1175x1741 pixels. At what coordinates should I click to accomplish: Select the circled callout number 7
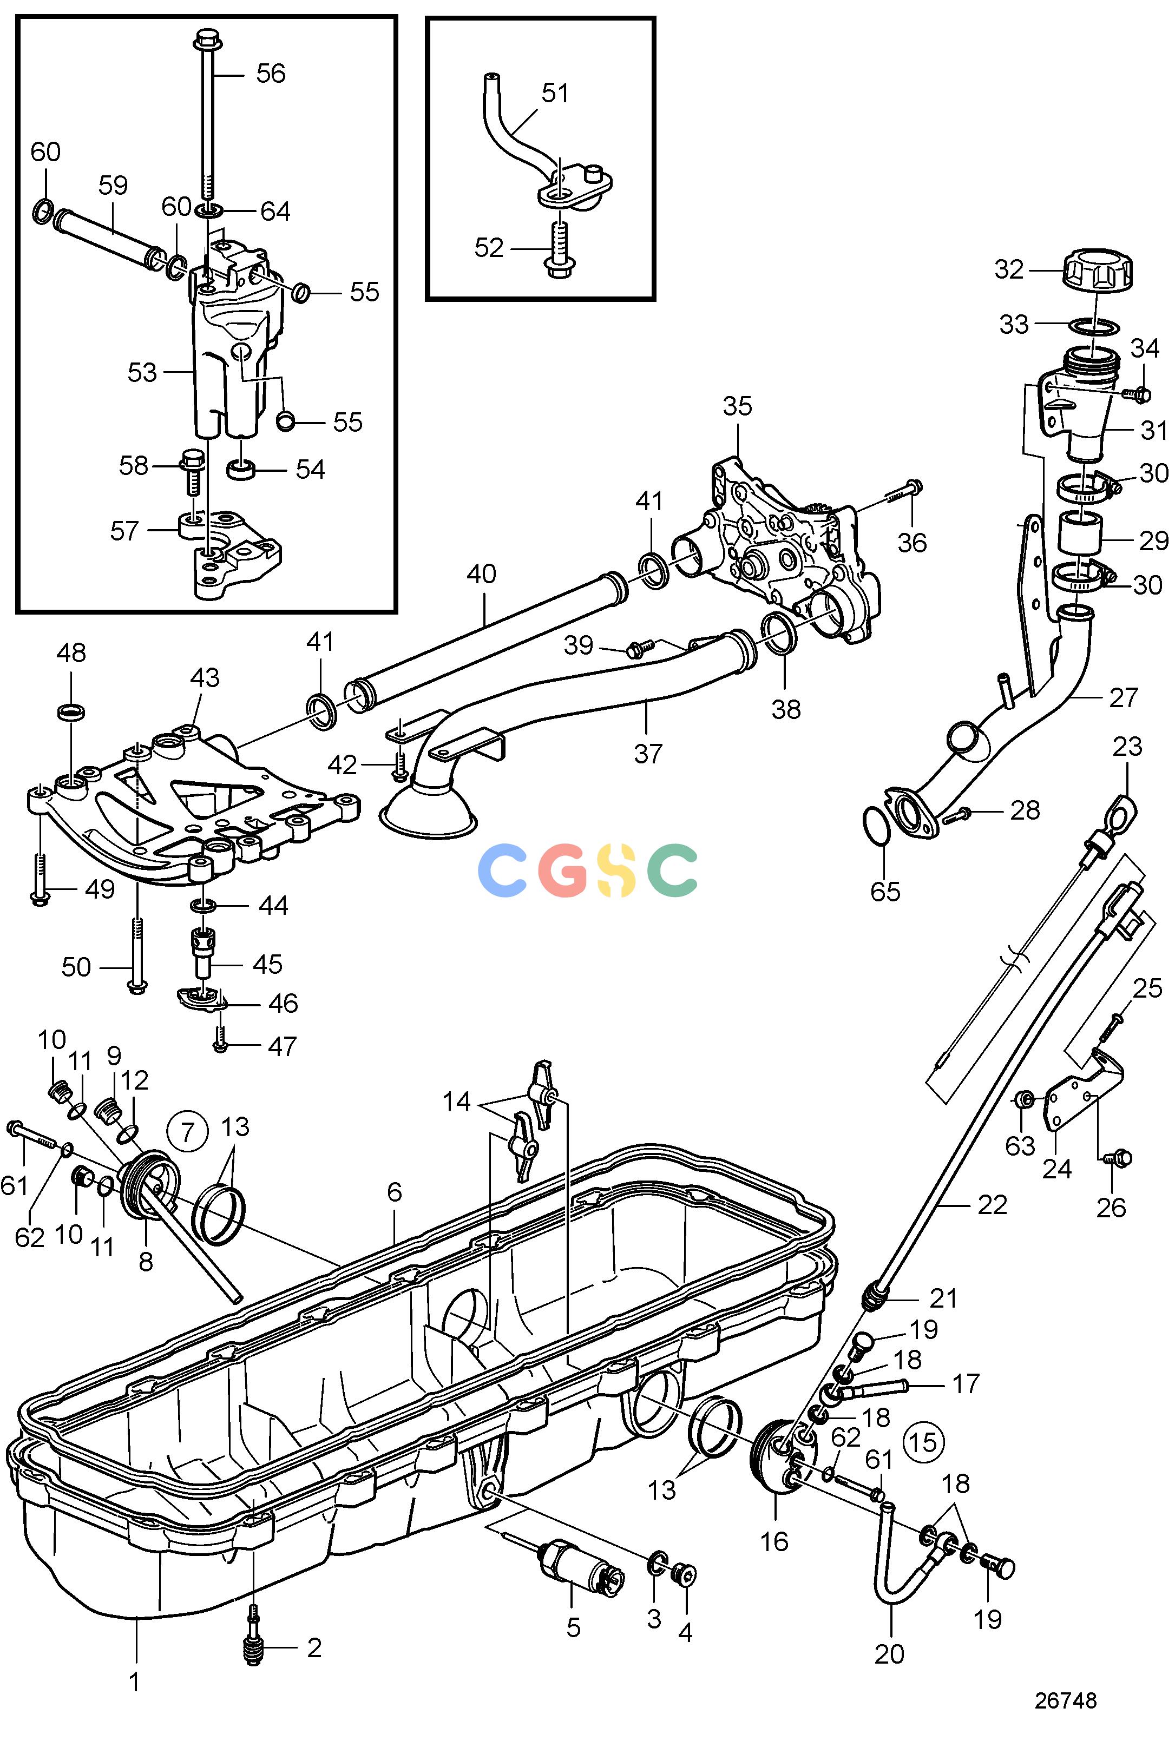point(187,1131)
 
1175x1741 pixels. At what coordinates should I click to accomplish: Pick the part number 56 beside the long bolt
point(271,74)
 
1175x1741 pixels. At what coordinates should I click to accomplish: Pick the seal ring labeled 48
point(70,711)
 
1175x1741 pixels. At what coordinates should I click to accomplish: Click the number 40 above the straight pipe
point(481,574)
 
